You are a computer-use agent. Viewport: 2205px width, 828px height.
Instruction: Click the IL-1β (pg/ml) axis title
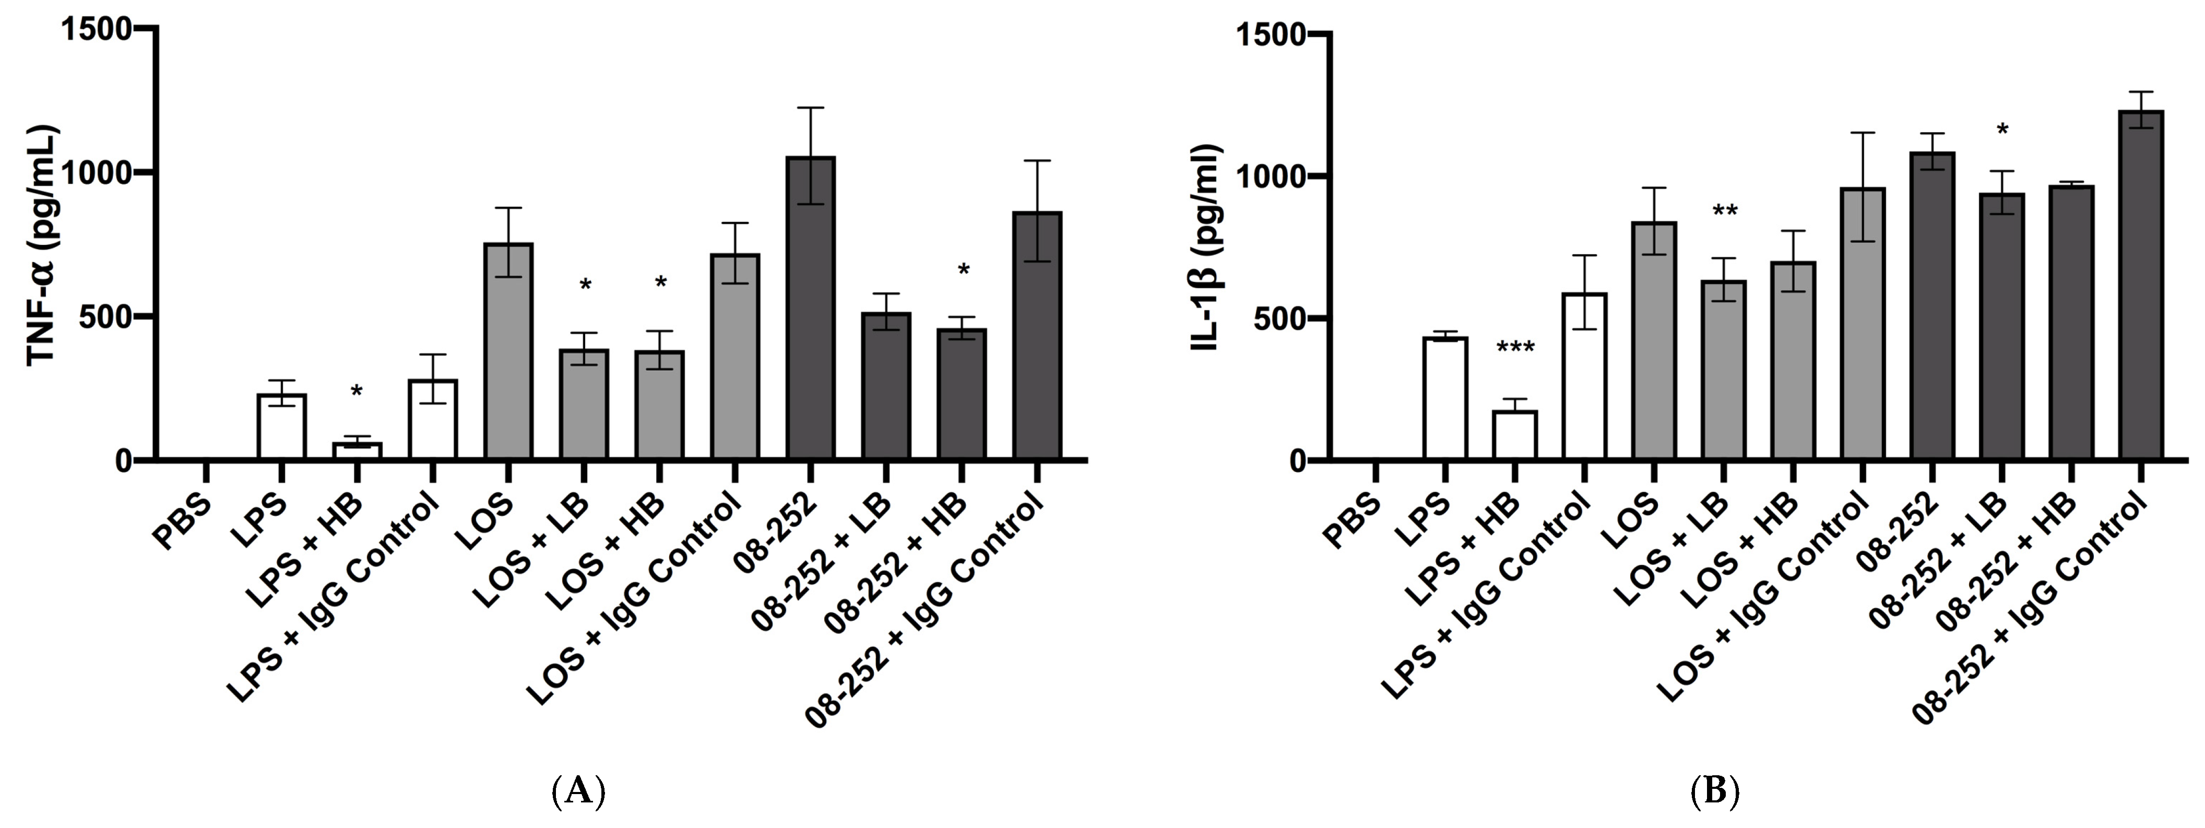(1207, 249)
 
